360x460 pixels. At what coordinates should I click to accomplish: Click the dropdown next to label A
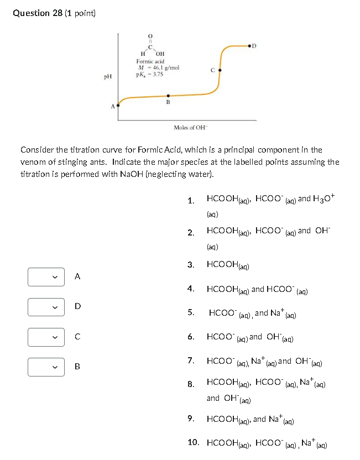(x=42, y=276)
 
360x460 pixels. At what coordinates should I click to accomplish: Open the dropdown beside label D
(x=42, y=306)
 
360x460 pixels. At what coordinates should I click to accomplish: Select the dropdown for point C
(x=42, y=336)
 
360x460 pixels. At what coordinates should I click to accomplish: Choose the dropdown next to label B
(x=42, y=366)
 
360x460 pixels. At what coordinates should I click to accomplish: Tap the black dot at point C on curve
(x=220, y=70)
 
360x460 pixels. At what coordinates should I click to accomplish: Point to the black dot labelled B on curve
(x=168, y=96)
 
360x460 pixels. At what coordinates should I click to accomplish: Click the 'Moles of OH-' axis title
(x=190, y=128)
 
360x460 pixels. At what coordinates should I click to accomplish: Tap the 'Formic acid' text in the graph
(x=150, y=61)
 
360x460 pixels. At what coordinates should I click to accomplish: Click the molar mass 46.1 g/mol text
(x=158, y=67)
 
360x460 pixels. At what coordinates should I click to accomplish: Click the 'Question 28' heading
(x=38, y=13)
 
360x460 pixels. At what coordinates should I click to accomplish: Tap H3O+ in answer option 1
(x=324, y=198)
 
